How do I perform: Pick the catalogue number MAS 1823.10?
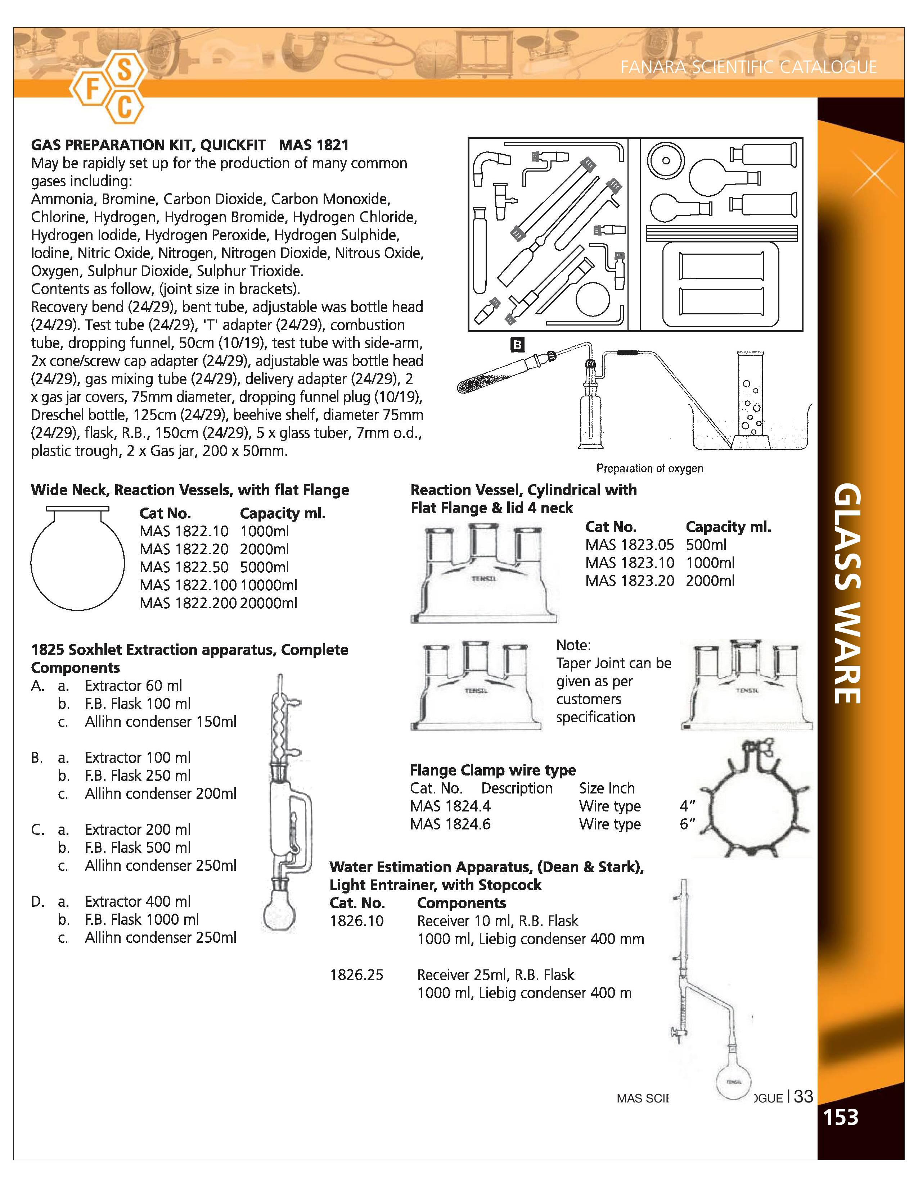click(629, 563)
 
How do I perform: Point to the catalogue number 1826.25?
click(356, 974)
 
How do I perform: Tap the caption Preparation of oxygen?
click(649, 468)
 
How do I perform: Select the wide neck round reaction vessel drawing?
click(77, 560)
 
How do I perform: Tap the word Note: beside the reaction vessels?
click(573, 645)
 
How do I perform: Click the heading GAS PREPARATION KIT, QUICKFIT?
click(148, 145)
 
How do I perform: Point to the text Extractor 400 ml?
click(137, 901)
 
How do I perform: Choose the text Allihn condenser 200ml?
click(161, 793)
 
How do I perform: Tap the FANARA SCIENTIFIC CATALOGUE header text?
click(748, 67)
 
